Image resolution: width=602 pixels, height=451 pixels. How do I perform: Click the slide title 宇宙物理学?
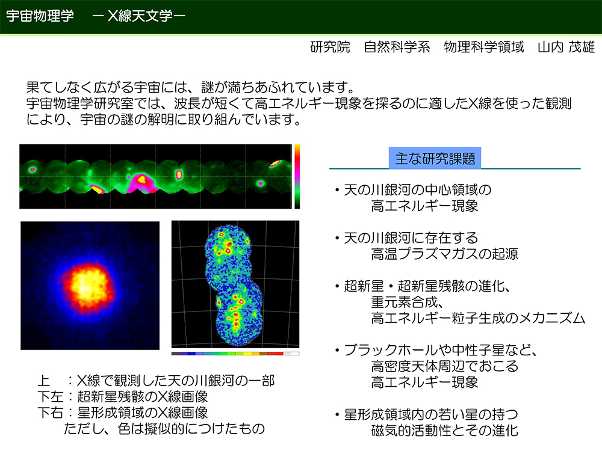pos(40,16)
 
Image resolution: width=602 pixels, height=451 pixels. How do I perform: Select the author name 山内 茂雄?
pos(566,47)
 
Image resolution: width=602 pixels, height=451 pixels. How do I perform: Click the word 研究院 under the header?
pos(330,47)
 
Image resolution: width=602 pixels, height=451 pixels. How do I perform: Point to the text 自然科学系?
pos(397,47)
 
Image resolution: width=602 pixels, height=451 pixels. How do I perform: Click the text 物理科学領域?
pos(484,47)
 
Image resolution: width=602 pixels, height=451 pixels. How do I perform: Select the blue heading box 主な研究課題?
pos(435,158)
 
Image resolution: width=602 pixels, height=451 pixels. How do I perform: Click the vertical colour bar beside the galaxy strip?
pos(297,176)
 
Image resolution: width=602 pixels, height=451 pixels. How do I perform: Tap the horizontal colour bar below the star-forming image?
pos(235,354)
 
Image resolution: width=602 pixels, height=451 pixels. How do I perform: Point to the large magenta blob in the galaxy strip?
pos(141,182)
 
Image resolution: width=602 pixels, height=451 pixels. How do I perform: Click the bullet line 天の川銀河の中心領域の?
pos(417,190)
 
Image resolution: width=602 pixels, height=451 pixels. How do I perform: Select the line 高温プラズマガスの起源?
pos(445,254)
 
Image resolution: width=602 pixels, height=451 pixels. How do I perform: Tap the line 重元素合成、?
pos(407,302)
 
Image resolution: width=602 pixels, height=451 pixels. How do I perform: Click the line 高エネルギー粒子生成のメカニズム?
pos(478,318)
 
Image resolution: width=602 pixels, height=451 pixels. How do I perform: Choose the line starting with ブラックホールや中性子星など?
pos(440,350)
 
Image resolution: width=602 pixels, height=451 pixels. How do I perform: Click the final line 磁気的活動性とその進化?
pos(445,431)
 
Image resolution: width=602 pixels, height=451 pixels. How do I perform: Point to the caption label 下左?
pos(51,396)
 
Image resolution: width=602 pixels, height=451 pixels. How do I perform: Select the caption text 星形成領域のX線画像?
pos(143,413)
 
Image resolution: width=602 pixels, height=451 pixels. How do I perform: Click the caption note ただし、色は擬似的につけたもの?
pos(164,429)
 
